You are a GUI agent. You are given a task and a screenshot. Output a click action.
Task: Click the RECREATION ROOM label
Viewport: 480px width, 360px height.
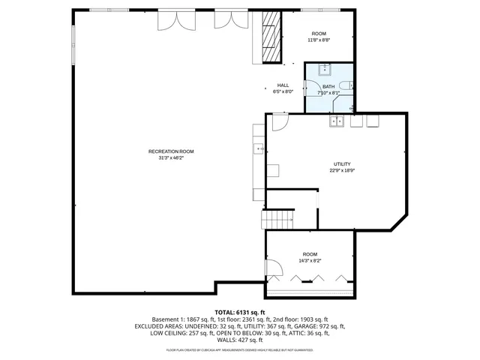[171, 151]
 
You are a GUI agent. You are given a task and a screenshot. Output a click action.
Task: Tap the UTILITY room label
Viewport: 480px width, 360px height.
[342, 163]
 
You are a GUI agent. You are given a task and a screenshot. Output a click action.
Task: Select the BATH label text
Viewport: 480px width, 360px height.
[328, 86]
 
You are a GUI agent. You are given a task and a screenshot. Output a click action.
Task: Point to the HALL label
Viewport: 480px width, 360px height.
[283, 85]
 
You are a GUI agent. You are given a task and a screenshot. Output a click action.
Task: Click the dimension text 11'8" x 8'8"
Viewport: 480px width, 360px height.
[319, 40]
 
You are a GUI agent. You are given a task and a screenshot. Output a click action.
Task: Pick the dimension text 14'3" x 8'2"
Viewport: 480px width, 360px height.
[310, 261]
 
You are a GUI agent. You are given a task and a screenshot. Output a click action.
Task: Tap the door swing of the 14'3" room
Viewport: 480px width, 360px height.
[274, 269]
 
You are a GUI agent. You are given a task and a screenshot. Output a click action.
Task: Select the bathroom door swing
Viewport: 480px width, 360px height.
[311, 86]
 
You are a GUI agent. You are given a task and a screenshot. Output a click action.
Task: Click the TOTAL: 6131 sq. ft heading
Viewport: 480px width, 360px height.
[240, 312]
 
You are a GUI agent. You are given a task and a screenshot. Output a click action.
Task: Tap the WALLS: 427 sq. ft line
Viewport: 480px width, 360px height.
[240, 340]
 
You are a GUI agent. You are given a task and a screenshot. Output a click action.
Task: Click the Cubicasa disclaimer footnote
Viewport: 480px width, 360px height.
[240, 350]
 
